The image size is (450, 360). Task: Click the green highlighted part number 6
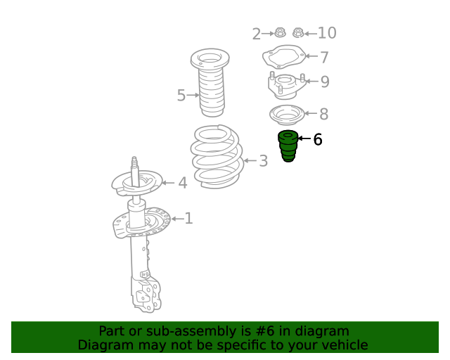288,146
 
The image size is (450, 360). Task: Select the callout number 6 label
317,139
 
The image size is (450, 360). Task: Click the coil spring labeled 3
217,157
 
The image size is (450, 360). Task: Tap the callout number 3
263,161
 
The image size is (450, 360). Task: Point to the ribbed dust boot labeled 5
210,83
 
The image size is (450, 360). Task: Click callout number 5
181,95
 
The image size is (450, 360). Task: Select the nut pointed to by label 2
280,32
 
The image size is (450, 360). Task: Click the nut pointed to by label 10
298,33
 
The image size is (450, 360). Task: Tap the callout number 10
327,33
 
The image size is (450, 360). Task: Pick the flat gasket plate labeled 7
284,56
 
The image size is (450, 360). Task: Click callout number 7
324,57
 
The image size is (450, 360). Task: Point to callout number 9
325,82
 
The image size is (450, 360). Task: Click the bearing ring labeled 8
286,115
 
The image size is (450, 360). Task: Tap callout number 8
323,114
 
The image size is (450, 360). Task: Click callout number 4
183,183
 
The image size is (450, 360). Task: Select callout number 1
188,219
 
